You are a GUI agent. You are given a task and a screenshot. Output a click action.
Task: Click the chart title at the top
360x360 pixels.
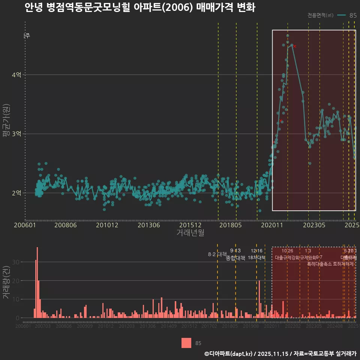[140, 8]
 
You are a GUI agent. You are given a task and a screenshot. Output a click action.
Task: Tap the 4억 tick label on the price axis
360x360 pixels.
[16, 75]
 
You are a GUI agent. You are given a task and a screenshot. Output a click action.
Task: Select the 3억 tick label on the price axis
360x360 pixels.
[16, 134]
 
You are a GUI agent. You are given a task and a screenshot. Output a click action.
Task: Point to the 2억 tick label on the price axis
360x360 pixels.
[16, 193]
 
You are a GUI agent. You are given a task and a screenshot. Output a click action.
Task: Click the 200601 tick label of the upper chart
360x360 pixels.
[25, 225]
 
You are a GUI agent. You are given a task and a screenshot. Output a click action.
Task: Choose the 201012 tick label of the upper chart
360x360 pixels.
[107, 225]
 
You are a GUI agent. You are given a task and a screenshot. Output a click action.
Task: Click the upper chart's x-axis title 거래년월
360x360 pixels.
[190, 233]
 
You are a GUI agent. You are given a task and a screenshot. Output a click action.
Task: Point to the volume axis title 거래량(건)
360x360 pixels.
[6, 282]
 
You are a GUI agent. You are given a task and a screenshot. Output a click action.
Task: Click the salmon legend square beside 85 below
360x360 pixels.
[186, 343]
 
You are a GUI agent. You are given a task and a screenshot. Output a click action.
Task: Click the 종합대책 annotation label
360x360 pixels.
[235, 258]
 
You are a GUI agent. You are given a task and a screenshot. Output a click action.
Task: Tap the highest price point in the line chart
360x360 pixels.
[288, 36]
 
